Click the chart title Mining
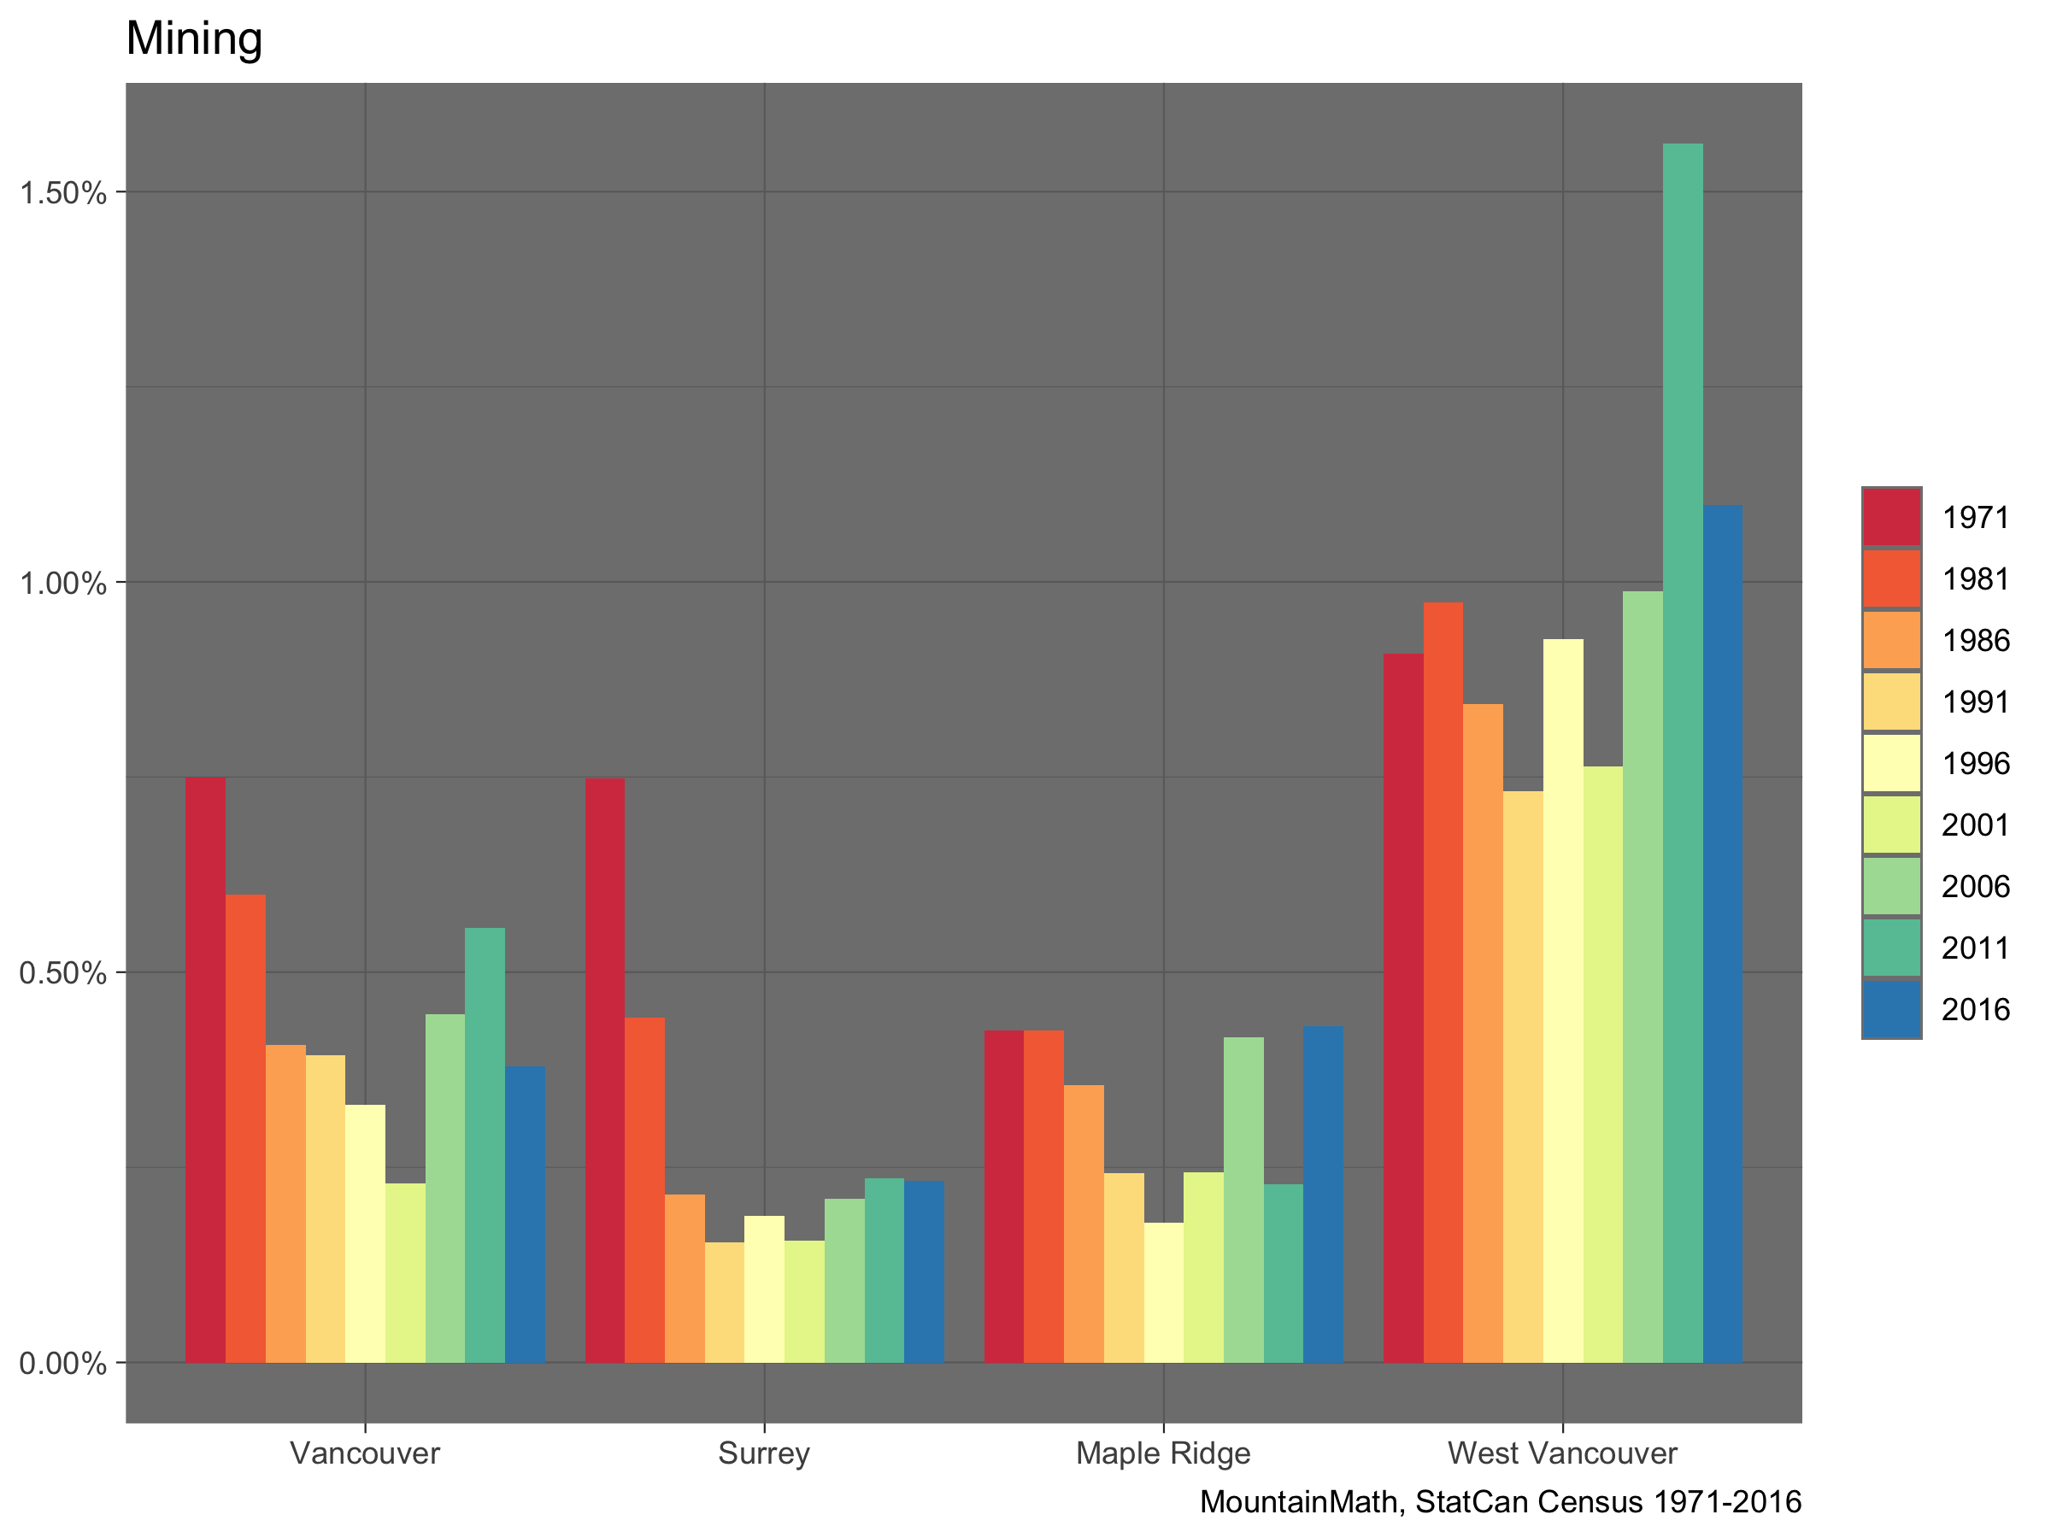(194, 39)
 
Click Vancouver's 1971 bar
(205, 1070)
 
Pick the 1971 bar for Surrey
(604, 1070)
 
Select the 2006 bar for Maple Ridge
(1243, 1200)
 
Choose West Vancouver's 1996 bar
(1562, 1001)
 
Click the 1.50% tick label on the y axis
(63, 193)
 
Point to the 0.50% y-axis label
(63, 973)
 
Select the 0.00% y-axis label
(63, 1364)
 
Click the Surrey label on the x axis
(764, 1453)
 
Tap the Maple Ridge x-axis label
(1163, 1453)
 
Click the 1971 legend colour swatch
(1891, 516)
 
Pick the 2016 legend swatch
(1891, 1010)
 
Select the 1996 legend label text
(1976, 764)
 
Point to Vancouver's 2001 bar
(405, 1273)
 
